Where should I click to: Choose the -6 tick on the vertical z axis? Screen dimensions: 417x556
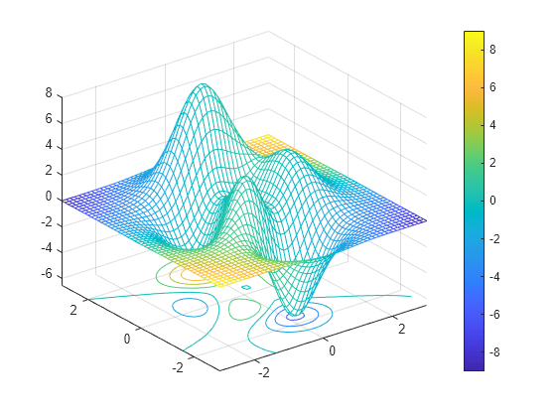[44, 274]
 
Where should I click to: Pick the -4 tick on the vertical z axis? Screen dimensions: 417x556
[44, 248]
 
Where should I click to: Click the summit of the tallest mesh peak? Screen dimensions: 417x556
[204, 85]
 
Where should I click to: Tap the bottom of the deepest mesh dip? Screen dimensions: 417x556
[296, 316]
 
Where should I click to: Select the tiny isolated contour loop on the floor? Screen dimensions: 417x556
[246, 287]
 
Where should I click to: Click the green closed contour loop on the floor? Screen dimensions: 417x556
[244, 309]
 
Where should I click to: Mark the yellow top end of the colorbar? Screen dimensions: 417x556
[474, 35]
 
